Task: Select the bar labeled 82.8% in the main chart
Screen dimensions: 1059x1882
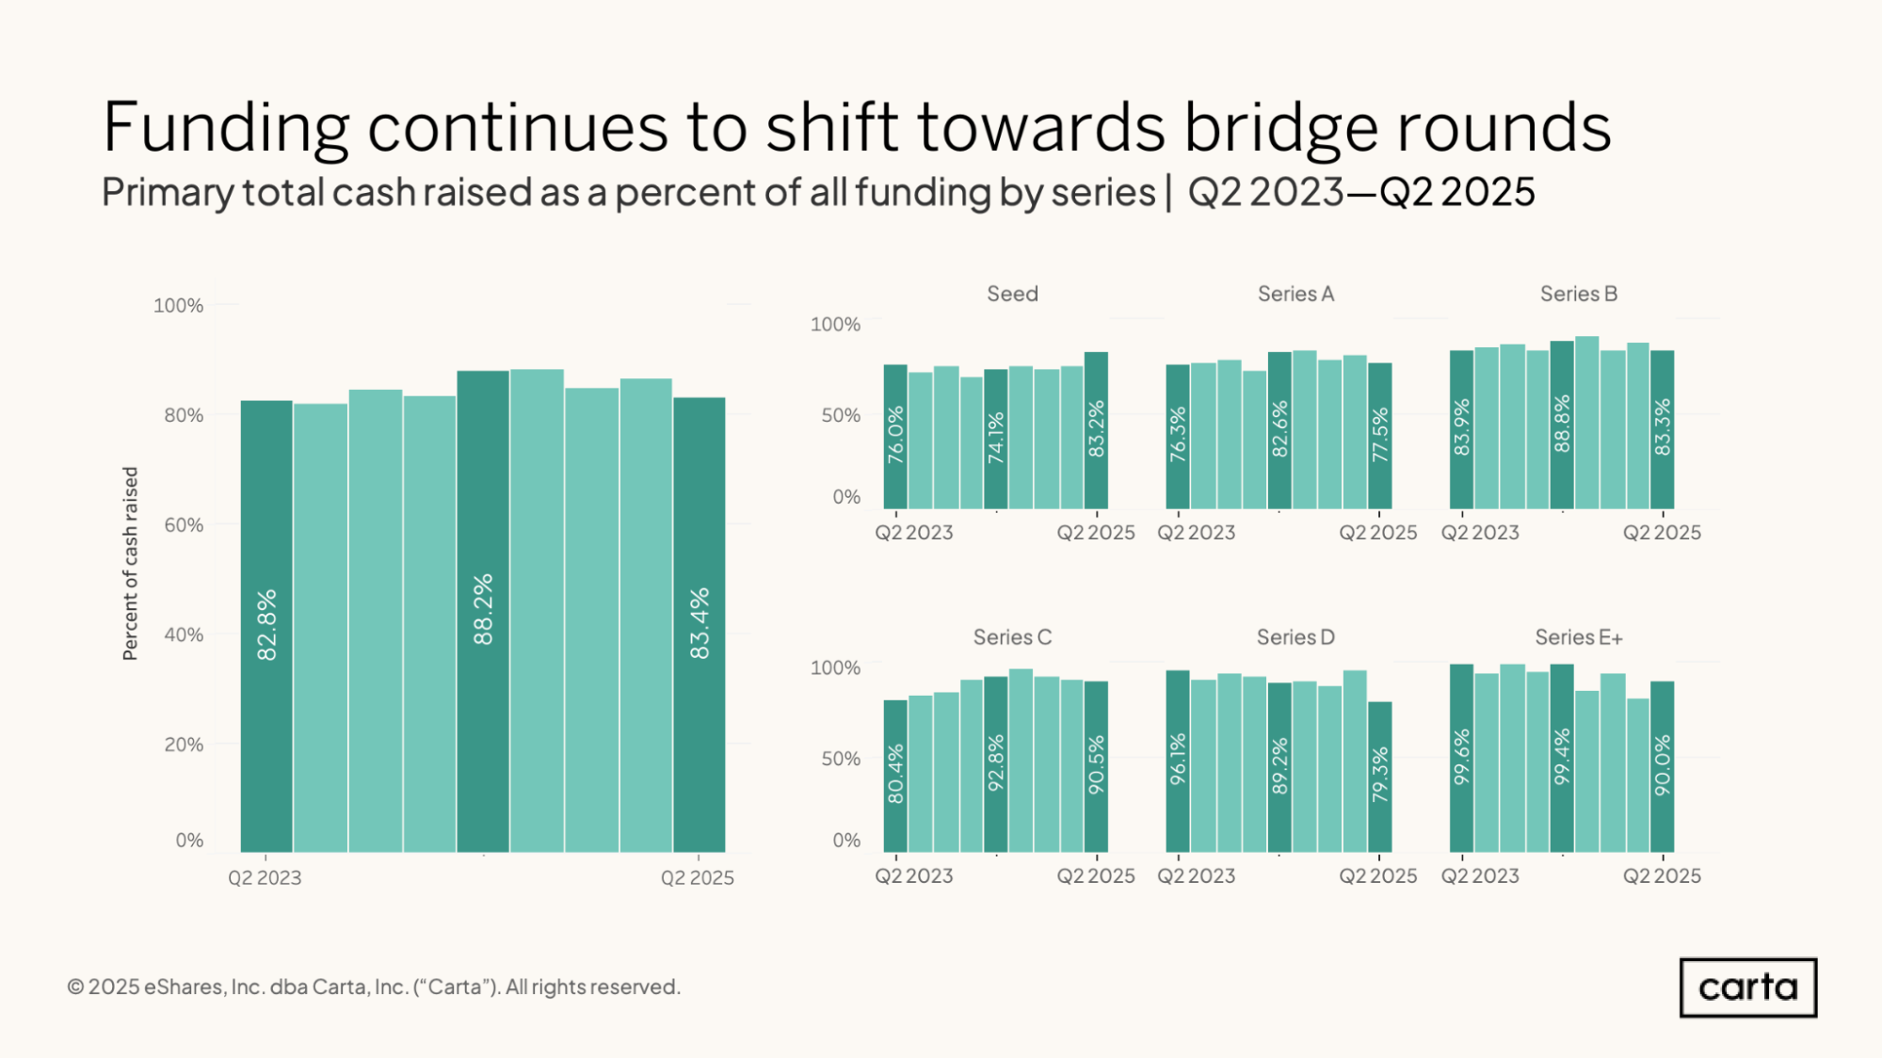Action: click(x=266, y=626)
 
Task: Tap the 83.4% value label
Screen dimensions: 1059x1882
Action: click(x=700, y=623)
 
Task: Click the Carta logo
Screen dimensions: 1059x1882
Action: click(x=1747, y=987)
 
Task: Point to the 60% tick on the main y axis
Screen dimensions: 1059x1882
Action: click(x=184, y=525)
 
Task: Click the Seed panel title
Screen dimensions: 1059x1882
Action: click(x=1012, y=294)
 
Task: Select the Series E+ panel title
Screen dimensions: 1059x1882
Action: click(x=1579, y=637)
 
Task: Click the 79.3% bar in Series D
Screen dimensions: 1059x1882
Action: click(x=1379, y=777)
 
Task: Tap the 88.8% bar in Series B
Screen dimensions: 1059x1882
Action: click(x=1562, y=425)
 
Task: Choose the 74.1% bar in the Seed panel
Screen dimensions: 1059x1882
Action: click(x=995, y=439)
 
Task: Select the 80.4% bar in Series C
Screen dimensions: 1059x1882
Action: click(x=895, y=776)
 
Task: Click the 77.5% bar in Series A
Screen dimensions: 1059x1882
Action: click(x=1379, y=435)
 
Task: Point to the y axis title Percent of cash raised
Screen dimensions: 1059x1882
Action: click(x=130, y=564)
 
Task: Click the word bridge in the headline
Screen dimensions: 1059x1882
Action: click(x=1280, y=127)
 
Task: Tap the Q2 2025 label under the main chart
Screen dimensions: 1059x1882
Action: click(x=697, y=878)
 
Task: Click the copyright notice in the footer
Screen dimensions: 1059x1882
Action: click(x=374, y=987)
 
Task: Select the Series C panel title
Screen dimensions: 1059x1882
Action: click(x=1012, y=637)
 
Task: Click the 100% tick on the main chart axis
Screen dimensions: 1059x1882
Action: click(x=178, y=306)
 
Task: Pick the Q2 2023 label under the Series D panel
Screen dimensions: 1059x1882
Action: click(x=1196, y=876)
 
